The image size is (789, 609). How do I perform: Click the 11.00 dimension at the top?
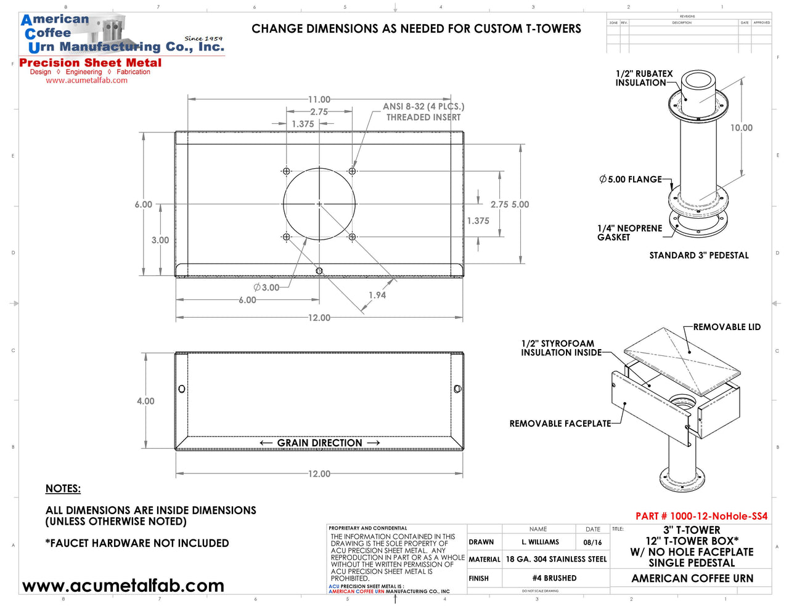[319, 99]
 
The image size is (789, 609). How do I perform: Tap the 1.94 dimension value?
[377, 296]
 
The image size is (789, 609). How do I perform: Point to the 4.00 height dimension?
[145, 401]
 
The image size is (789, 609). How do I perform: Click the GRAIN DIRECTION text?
[319, 443]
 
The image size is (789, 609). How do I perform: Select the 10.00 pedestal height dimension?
[742, 128]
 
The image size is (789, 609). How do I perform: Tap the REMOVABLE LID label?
[727, 327]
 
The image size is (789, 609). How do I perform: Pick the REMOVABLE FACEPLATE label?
[560, 424]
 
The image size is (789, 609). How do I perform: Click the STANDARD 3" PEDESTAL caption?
[699, 256]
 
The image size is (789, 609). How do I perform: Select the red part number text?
[701, 516]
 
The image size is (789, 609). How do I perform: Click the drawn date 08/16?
[592, 542]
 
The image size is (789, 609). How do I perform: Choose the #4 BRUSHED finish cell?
[555, 578]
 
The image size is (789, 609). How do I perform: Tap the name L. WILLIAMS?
[540, 542]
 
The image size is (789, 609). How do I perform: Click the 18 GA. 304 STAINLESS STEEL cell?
[556, 559]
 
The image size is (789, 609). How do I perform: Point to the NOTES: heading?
[63, 489]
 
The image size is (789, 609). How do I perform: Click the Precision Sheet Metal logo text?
[91, 63]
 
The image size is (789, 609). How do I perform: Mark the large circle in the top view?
[319, 204]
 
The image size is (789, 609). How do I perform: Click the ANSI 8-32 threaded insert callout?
[423, 111]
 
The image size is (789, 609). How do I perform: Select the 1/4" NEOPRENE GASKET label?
[629, 233]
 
